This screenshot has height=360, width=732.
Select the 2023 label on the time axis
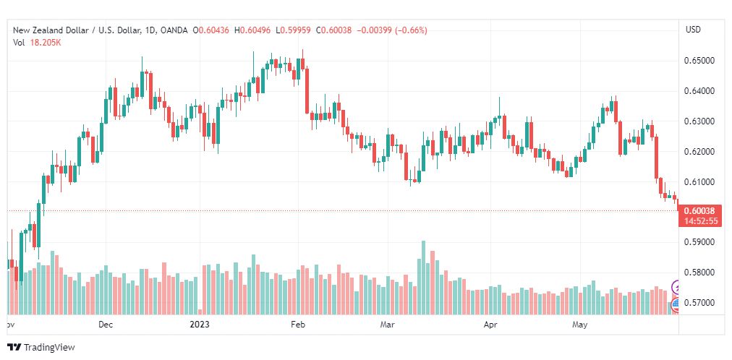pos(200,325)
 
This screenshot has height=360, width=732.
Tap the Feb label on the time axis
pos(297,325)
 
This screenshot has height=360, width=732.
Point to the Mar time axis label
pos(387,325)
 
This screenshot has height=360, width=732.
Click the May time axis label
pos(579,325)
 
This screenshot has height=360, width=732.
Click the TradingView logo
pos(41,348)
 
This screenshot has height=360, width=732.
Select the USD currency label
pos(693,30)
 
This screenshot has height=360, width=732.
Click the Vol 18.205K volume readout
pos(38,43)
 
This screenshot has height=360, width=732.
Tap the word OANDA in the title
pos(174,30)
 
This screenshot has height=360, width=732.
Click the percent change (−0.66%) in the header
pos(411,30)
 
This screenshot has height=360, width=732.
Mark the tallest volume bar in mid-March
pos(423,278)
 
